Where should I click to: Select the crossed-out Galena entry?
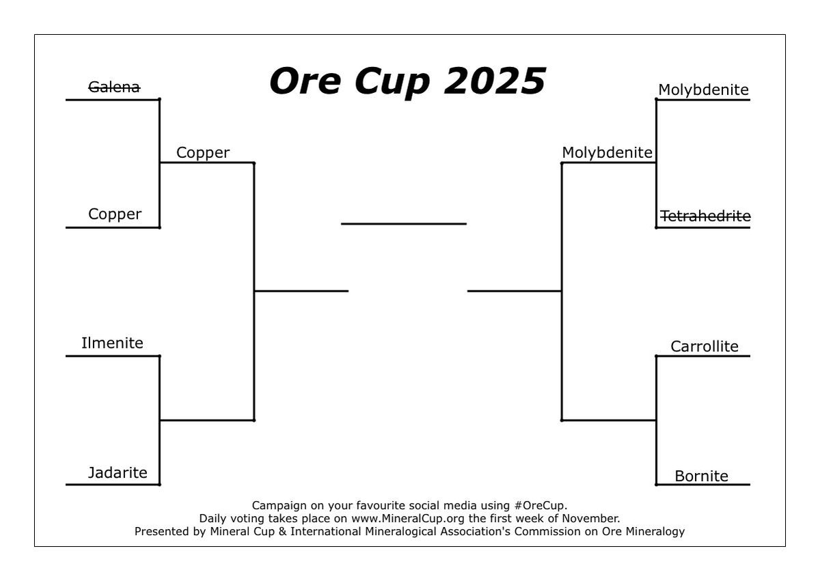[115, 87]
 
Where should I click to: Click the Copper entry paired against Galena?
[115, 214]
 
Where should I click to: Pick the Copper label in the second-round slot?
[203, 152]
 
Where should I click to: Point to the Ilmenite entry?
[112, 342]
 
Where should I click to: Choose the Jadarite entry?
[118, 472]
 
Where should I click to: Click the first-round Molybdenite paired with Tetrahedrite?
[703, 90]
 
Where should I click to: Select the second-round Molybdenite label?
[607, 152]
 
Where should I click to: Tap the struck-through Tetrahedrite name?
[705, 216]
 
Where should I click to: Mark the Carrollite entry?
[705, 346]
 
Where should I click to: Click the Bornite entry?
[701, 476]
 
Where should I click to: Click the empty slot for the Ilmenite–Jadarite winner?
[206, 414]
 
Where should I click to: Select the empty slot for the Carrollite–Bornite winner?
[608, 414]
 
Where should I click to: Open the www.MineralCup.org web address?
[403, 518]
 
